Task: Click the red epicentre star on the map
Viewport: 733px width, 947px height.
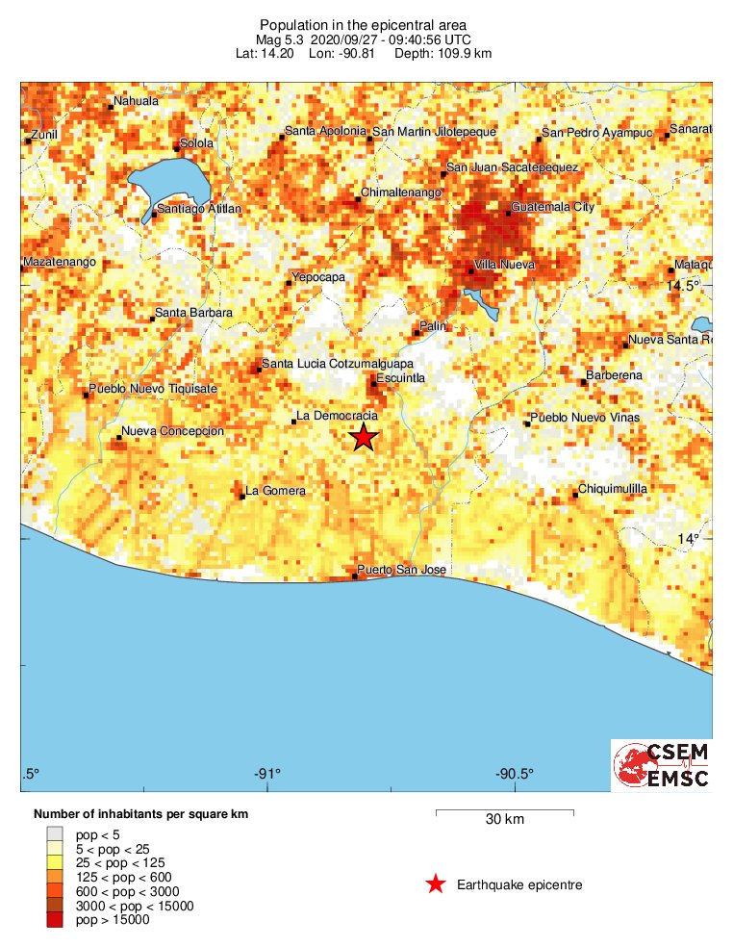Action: point(364,438)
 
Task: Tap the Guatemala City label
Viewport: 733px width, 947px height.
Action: point(553,207)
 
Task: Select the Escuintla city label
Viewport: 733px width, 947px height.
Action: point(400,378)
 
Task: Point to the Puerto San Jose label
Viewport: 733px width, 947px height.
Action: point(401,570)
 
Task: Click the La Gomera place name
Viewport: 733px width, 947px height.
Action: point(276,491)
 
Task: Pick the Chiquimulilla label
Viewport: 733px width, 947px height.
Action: point(613,489)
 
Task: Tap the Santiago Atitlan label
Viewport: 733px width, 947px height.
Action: point(198,209)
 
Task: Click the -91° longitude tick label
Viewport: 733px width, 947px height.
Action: point(267,774)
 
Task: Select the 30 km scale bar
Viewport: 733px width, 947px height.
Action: point(504,814)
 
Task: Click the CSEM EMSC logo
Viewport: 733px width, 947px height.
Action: point(662,766)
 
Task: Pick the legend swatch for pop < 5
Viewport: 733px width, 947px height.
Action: point(55,834)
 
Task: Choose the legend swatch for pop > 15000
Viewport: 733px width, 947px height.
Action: point(55,920)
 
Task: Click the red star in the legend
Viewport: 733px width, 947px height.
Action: point(436,884)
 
